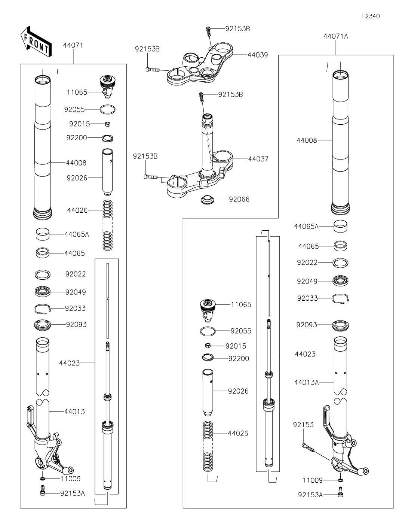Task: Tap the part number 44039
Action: coord(258,55)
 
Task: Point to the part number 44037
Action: coord(258,159)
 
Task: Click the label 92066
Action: coord(239,199)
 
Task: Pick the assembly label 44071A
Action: coord(335,36)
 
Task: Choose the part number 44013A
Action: coord(306,382)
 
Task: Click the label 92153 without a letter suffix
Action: coord(303,425)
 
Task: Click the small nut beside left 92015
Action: coord(107,124)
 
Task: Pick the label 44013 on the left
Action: coord(74,412)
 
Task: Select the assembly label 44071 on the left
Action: coord(73,45)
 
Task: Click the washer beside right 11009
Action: coord(340,480)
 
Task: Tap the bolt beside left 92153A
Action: coord(43,490)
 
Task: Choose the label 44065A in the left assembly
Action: coord(77,234)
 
